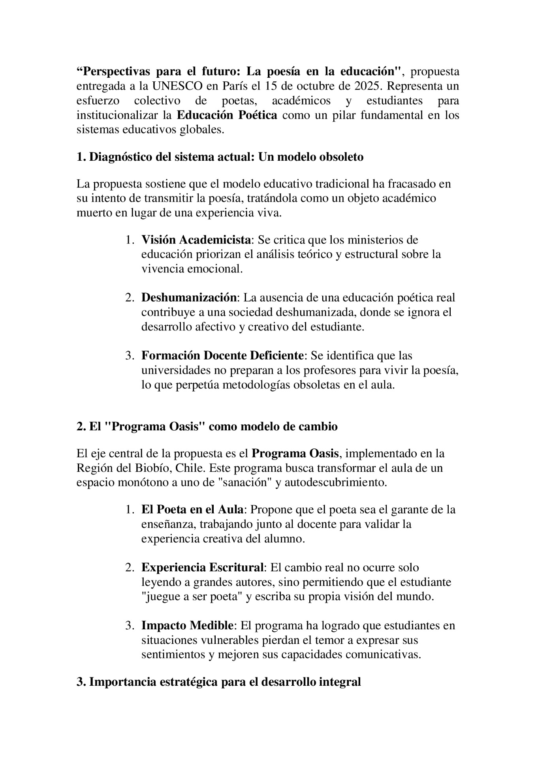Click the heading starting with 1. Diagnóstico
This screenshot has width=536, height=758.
tap(220, 157)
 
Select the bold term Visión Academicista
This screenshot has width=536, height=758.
tap(196, 240)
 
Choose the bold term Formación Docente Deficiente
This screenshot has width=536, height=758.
tap(222, 355)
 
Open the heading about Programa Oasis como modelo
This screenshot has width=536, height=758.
tap(207, 426)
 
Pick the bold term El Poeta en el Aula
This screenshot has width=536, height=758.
tap(192, 509)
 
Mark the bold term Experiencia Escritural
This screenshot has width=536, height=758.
tap(202, 567)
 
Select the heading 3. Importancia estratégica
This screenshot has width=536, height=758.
tap(219, 682)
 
